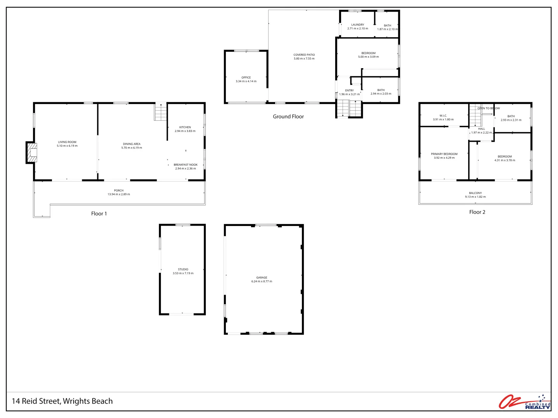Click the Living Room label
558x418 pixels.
(x=67, y=142)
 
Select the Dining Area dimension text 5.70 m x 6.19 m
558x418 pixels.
(x=132, y=148)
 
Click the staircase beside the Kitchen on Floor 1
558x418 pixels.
(x=160, y=112)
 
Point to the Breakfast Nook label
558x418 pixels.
(x=185, y=164)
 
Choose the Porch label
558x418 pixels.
(x=119, y=190)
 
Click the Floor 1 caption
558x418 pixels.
(x=99, y=214)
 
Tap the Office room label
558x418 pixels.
(x=246, y=77)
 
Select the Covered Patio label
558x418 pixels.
(x=304, y=55)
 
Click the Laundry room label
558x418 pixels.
(x=358, y=25)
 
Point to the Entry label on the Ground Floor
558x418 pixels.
(x=350, y=91)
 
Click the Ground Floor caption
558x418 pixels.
(x=288, y=116)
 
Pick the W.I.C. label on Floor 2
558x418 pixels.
(x=443, y=116)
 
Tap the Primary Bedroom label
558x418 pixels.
(x=444, y=154)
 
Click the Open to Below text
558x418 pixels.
(x=488, y=108)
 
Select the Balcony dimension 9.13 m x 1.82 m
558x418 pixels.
(x=475, y=197)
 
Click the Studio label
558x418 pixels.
(x=183, y=269)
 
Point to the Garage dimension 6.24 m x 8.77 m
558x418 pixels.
(x=262, y=281)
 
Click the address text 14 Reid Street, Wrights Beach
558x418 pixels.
(x=62, y=401)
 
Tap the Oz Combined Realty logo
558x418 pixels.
(x=525, y=402)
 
